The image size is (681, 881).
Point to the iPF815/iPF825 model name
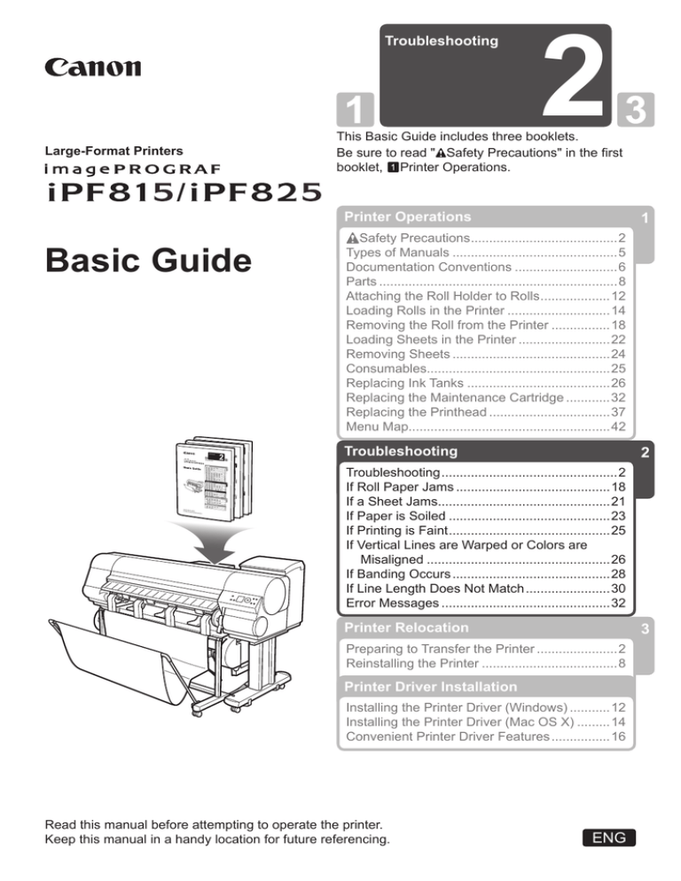tap(165, 190)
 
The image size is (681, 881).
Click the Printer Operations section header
tap(408, 215)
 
